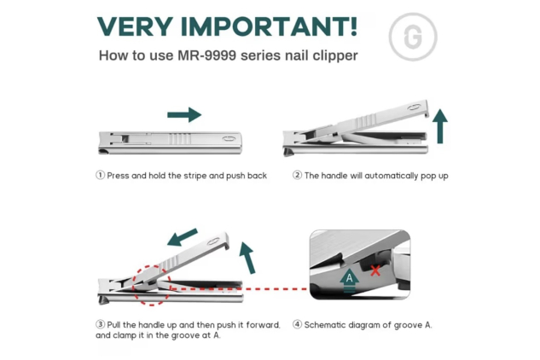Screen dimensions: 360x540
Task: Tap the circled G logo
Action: click(406, 38)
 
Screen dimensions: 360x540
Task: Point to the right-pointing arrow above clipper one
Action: click(183, 114)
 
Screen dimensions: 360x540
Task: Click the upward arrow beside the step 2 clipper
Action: click(440, 125)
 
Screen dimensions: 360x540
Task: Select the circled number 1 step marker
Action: click(100, 176)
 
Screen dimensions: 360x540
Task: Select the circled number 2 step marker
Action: click(297, 176)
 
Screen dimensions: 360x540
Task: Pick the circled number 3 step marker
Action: click(100, 324)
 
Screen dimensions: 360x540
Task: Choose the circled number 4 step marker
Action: click(297, 324)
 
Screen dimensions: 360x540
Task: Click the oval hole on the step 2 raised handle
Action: click(415, 107)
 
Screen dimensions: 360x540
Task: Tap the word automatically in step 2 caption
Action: click(383, 176)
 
